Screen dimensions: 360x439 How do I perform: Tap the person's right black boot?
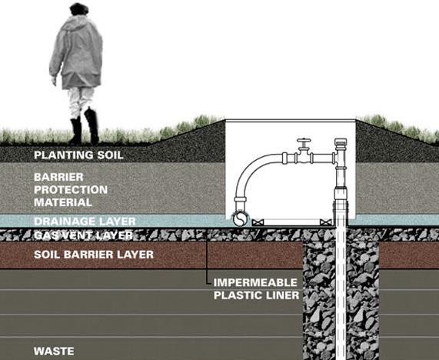92,125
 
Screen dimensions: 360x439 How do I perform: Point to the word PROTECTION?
70,189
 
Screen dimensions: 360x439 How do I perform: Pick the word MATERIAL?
62,202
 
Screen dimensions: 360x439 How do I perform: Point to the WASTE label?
53,351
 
